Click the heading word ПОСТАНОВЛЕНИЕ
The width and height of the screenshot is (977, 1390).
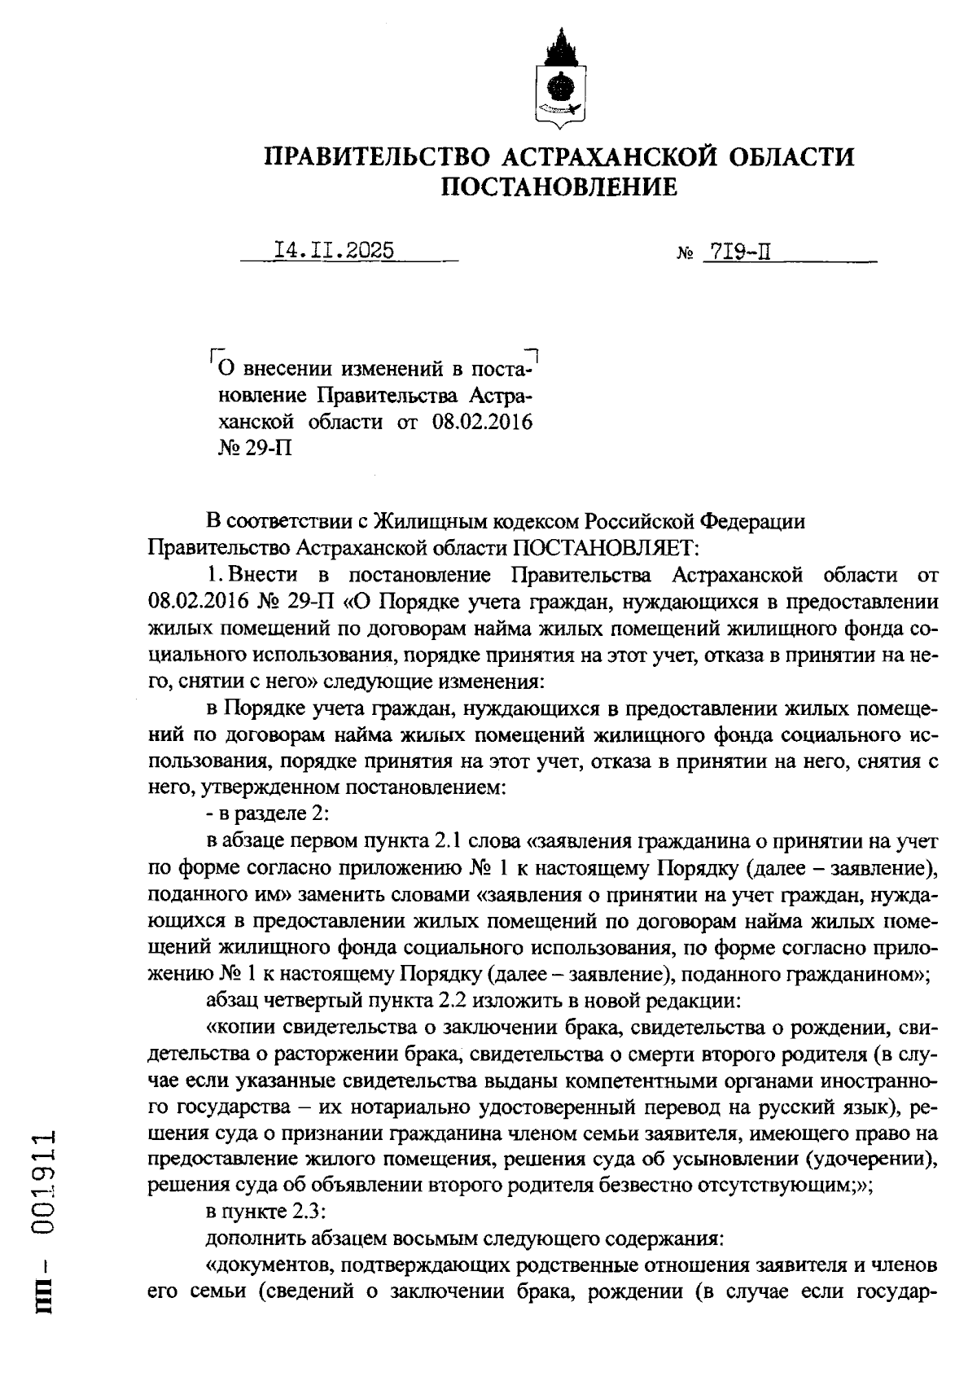click(559, 188)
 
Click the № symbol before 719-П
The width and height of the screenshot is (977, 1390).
click(683, 253)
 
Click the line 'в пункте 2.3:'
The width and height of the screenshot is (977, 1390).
click(255, 1211)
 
